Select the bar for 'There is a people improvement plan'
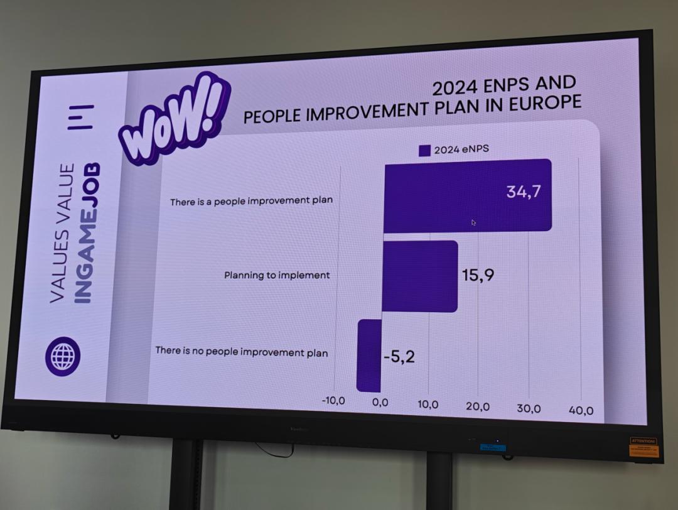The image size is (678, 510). [x=467, y=195]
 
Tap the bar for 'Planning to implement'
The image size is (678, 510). [x=419, y=276]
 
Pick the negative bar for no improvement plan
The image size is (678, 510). [x=369, y=355]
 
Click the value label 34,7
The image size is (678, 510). [x=524, y=192]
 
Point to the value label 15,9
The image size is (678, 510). [x=478, y=274]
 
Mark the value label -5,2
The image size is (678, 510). [x=399, y=357]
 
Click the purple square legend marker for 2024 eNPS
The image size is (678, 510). [x=424, y=150]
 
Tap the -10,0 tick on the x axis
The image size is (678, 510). [x=333, y=400]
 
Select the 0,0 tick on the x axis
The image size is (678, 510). [x=380, y=402]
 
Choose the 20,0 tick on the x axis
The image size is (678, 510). [x=478, y=406]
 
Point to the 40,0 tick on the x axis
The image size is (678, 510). [x=581, y=411]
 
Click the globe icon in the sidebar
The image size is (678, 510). [x=63, y=356]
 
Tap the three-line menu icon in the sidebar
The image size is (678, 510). [x=81, y=117]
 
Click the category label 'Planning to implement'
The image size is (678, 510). [x=277, y=275]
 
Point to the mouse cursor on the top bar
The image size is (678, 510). [x=473, y=222]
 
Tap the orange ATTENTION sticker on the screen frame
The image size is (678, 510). [x=643, y=447]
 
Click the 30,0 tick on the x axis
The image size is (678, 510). [x=529, y=408]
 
